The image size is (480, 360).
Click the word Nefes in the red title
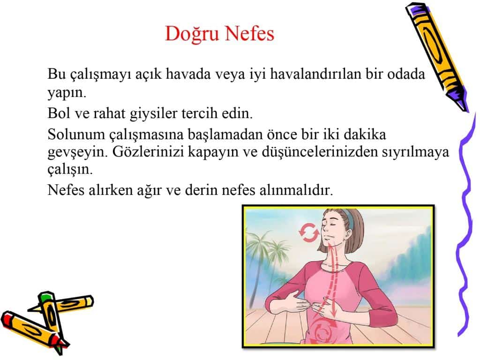coord(251,33)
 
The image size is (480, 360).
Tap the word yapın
coord(67,93)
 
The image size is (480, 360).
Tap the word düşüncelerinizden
coord(320,152)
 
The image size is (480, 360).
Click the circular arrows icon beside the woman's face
coord(308,232)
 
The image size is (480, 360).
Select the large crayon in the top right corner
coord(436,56)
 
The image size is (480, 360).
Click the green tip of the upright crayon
coord(45,296)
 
